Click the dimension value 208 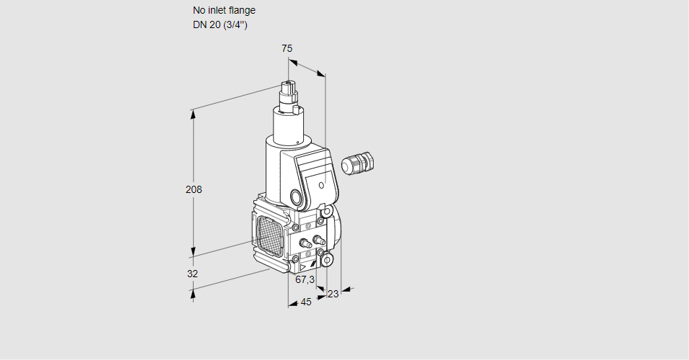[x=194, y=190]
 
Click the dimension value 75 [x=287, y=48]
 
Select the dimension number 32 [x=192, y=274]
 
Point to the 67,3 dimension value [x=305, y=279]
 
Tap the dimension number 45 [x=306, y=302]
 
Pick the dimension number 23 [x=333, y=294]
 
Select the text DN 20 [x=205, y=24]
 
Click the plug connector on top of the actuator [x=289, y=91]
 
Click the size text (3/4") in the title [x=234, y=24]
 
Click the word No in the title [x=199, y=10]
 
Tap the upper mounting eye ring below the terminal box [x=327, y=212]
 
